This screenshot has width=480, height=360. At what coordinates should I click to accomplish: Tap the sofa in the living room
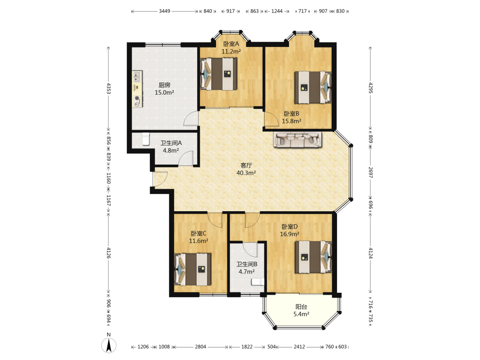[298, 140]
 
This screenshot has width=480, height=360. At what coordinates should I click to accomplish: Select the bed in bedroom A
[218, 74]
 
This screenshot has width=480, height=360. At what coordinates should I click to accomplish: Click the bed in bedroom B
[313, 87]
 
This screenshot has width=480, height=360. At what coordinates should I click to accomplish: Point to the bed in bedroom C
[192, 269]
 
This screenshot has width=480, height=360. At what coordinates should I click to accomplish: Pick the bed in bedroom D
[313, 257]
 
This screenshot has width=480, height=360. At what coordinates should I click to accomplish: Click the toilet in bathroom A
[146, 139]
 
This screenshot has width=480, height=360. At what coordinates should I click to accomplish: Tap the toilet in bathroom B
[258, 282]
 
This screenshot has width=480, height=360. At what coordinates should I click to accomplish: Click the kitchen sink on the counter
[137, 76]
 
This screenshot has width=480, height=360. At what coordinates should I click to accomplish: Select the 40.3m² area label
[246, 173]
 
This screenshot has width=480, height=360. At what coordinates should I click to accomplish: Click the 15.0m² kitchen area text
[164, 93]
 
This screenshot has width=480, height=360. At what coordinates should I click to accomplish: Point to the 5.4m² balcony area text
[301, 314]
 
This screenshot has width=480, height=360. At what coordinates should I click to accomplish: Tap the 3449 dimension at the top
[164, 11]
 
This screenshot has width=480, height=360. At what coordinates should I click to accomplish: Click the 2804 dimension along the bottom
[201, 347]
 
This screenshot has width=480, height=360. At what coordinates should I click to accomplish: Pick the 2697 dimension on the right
[371, 173]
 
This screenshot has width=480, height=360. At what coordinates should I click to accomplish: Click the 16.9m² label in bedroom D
[289, 234]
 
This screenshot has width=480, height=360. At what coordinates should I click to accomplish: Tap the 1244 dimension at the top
[277, 11]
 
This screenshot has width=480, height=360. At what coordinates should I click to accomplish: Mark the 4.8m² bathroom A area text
[171, 151]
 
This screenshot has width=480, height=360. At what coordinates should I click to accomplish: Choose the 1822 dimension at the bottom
[247, 347]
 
